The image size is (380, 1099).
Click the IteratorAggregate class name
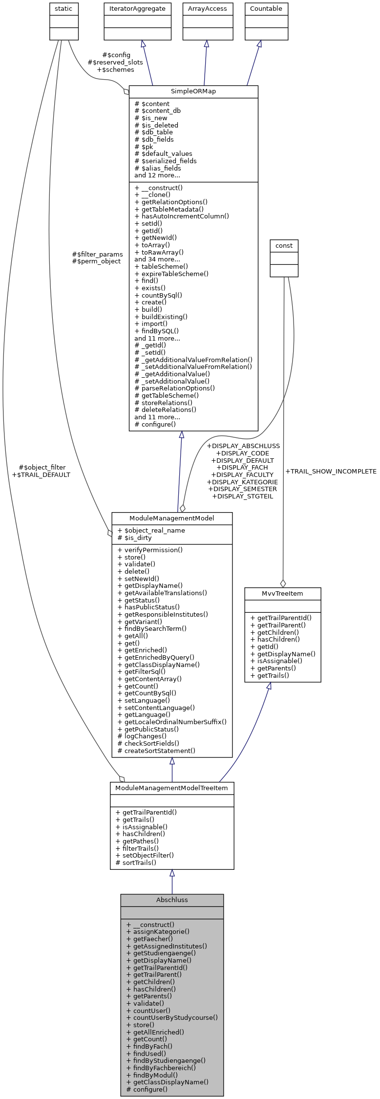coord(137,9)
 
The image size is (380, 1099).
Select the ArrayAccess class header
coord(208,9)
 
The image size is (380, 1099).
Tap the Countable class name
coord(266,9)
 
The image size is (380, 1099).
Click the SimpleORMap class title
coord(193,91)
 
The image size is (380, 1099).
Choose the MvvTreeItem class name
coord(283,593)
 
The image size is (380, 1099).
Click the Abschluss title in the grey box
coord(172,900)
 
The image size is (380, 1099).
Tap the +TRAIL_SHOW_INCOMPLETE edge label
coord(331,472)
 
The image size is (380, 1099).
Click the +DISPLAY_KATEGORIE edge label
coord(242,482)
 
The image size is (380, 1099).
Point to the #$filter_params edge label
coord(97,254)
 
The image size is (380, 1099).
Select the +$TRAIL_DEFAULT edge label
coord(41,474)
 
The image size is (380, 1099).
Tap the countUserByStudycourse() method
coord(172,1017)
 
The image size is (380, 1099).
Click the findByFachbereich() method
coord(161,1068)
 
